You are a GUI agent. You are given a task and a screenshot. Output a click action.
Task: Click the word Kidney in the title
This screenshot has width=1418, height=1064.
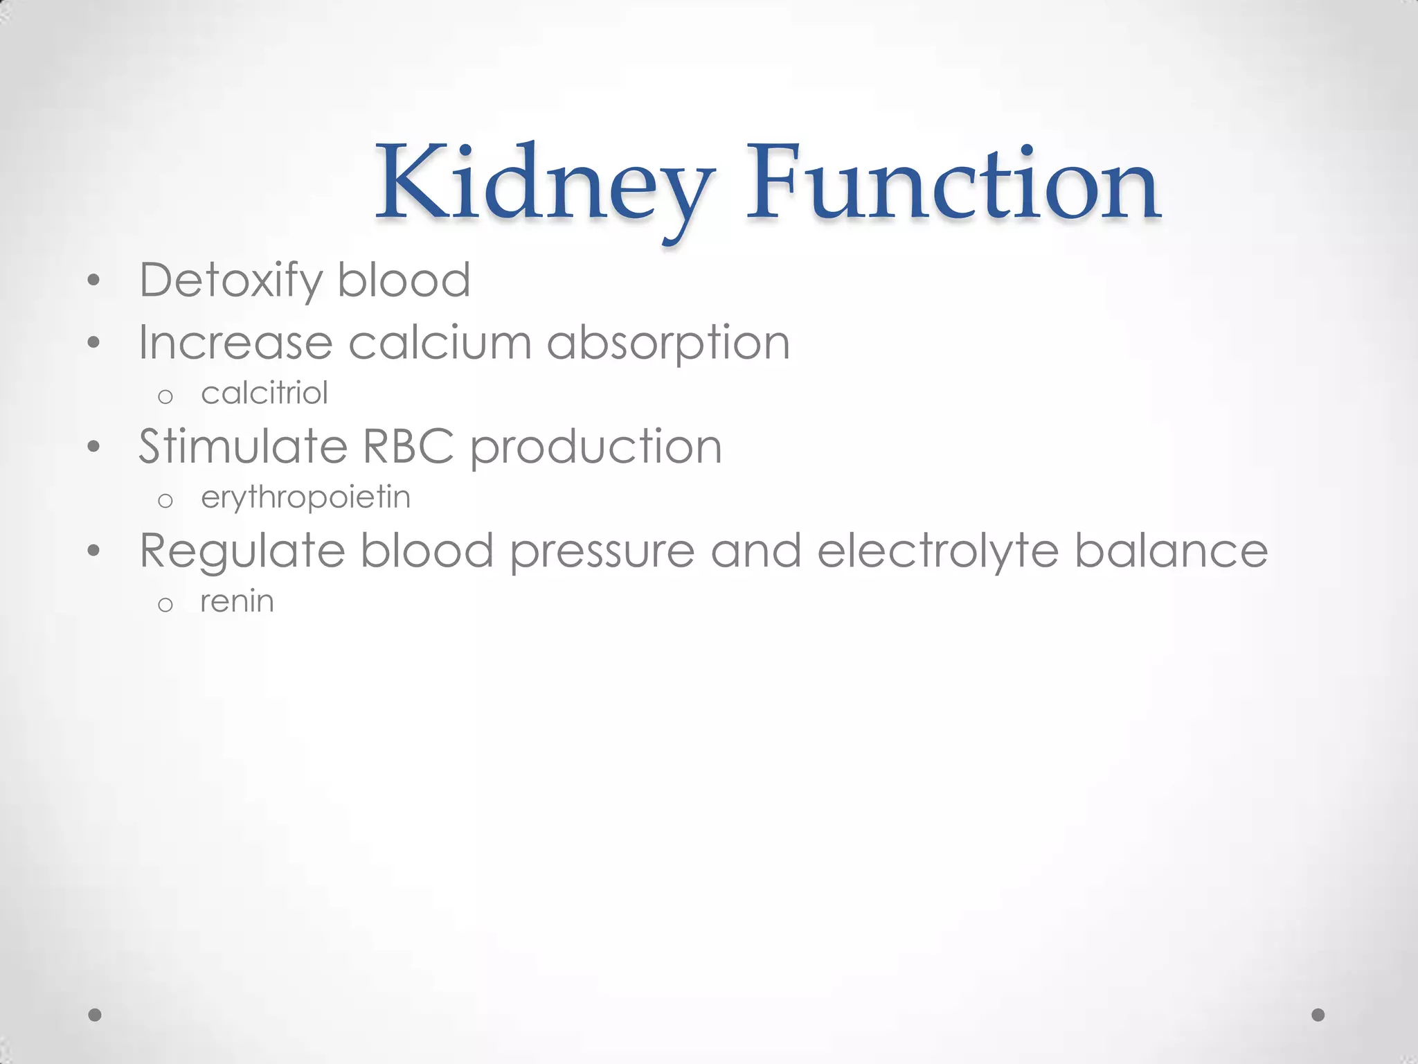pos(544,183)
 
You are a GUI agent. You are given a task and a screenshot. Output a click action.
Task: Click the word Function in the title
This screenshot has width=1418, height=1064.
pos(953,183)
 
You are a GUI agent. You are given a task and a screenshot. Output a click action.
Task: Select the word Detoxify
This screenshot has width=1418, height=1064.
pos(231,281)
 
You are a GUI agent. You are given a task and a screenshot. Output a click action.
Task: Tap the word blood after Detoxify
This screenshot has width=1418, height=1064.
pos(404,280)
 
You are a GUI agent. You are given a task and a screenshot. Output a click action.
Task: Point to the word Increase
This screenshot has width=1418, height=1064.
pos(235,342)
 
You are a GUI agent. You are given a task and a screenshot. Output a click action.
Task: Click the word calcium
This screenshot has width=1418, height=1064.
pos(440,342)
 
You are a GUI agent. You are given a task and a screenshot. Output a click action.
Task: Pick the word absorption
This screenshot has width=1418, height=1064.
pos(668,344)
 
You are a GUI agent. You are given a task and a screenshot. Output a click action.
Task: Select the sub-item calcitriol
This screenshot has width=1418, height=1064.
pos(264,393)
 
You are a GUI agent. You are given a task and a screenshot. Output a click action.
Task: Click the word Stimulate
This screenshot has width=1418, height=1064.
pos(243,446)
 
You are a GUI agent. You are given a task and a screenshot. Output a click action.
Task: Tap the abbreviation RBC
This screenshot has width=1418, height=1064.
pos(409,446)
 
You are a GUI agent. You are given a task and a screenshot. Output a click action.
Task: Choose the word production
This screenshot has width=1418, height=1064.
pos(596,447)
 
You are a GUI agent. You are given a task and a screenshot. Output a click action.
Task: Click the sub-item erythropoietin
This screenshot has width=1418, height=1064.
pos(305,498)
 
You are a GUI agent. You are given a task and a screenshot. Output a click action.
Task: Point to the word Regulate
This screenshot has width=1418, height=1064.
pos(242,551)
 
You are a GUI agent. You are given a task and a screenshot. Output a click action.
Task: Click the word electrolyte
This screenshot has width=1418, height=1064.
pos(938,551)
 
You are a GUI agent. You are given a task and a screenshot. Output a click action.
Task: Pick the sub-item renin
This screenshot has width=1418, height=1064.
pos(237,601)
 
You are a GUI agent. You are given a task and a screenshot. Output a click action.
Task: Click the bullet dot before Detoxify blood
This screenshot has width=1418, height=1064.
pos(94,281)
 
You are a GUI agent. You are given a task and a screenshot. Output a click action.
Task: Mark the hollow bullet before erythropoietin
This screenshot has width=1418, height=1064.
pos(165,501)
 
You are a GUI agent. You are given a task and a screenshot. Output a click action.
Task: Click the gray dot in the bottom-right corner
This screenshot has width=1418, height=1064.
pos(1318,1015)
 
